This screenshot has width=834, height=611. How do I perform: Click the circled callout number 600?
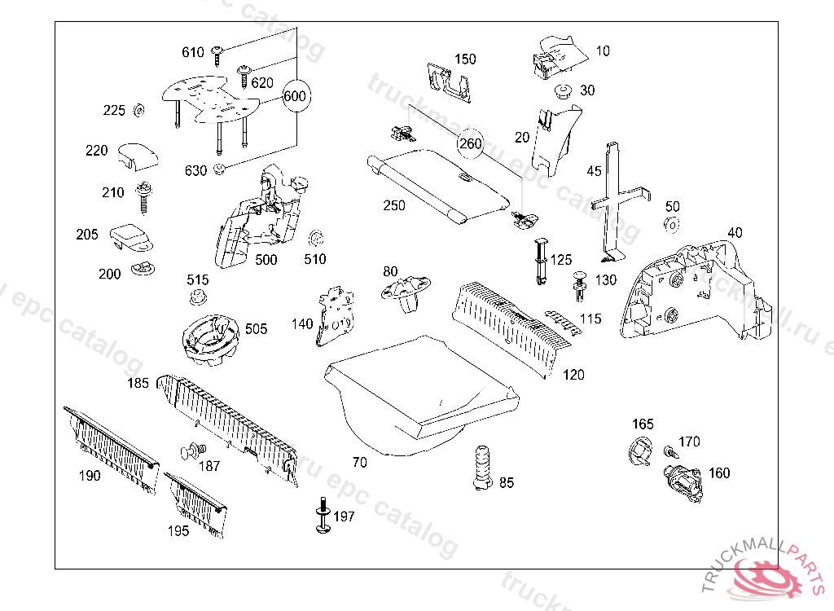(295, 96)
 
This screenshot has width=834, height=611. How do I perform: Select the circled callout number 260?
(471, 144)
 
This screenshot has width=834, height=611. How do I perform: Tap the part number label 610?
(193, 53)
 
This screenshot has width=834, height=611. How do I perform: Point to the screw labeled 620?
(244, 75)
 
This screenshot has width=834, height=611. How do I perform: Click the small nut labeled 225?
(138, 110)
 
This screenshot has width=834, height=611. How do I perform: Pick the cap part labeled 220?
(135, 155)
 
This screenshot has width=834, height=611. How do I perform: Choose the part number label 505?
(256, 329)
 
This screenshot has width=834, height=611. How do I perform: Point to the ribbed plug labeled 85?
(481, 468)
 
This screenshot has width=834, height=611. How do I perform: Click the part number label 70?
(359, 462)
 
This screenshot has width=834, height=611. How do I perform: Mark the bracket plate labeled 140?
(336, 316)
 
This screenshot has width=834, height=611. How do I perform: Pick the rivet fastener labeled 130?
(580, 282)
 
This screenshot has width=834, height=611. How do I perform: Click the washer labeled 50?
(672, 224)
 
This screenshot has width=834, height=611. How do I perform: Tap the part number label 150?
(465, 59)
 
